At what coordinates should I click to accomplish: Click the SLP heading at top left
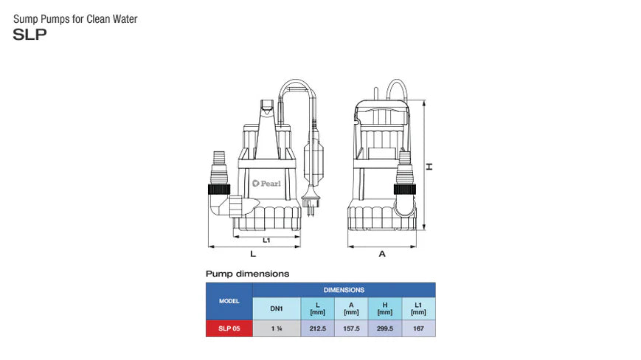point(30,33)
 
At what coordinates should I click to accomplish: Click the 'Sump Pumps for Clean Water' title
point(75,18)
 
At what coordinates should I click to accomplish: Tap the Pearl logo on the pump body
point(266,184)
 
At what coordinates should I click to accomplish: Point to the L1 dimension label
point(266,240)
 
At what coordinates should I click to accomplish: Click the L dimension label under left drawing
point(253,254)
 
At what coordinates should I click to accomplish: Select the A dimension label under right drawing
point(382,254)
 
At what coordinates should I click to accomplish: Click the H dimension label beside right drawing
point(429,166)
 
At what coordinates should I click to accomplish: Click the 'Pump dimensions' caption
point(247,274)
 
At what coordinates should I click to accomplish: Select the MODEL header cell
point(229,301)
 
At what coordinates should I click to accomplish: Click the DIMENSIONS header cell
point(344,290)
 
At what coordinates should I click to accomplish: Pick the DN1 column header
point(276,309)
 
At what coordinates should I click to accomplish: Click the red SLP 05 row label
point(229,329)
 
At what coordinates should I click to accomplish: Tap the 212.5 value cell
point(317,329)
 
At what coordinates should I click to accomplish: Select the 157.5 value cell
point(351,329)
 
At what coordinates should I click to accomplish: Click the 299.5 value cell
point(384,329)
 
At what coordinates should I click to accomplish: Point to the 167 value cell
point(418,329)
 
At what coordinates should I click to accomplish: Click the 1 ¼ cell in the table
point(276,329)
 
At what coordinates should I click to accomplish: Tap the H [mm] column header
point(384,309)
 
